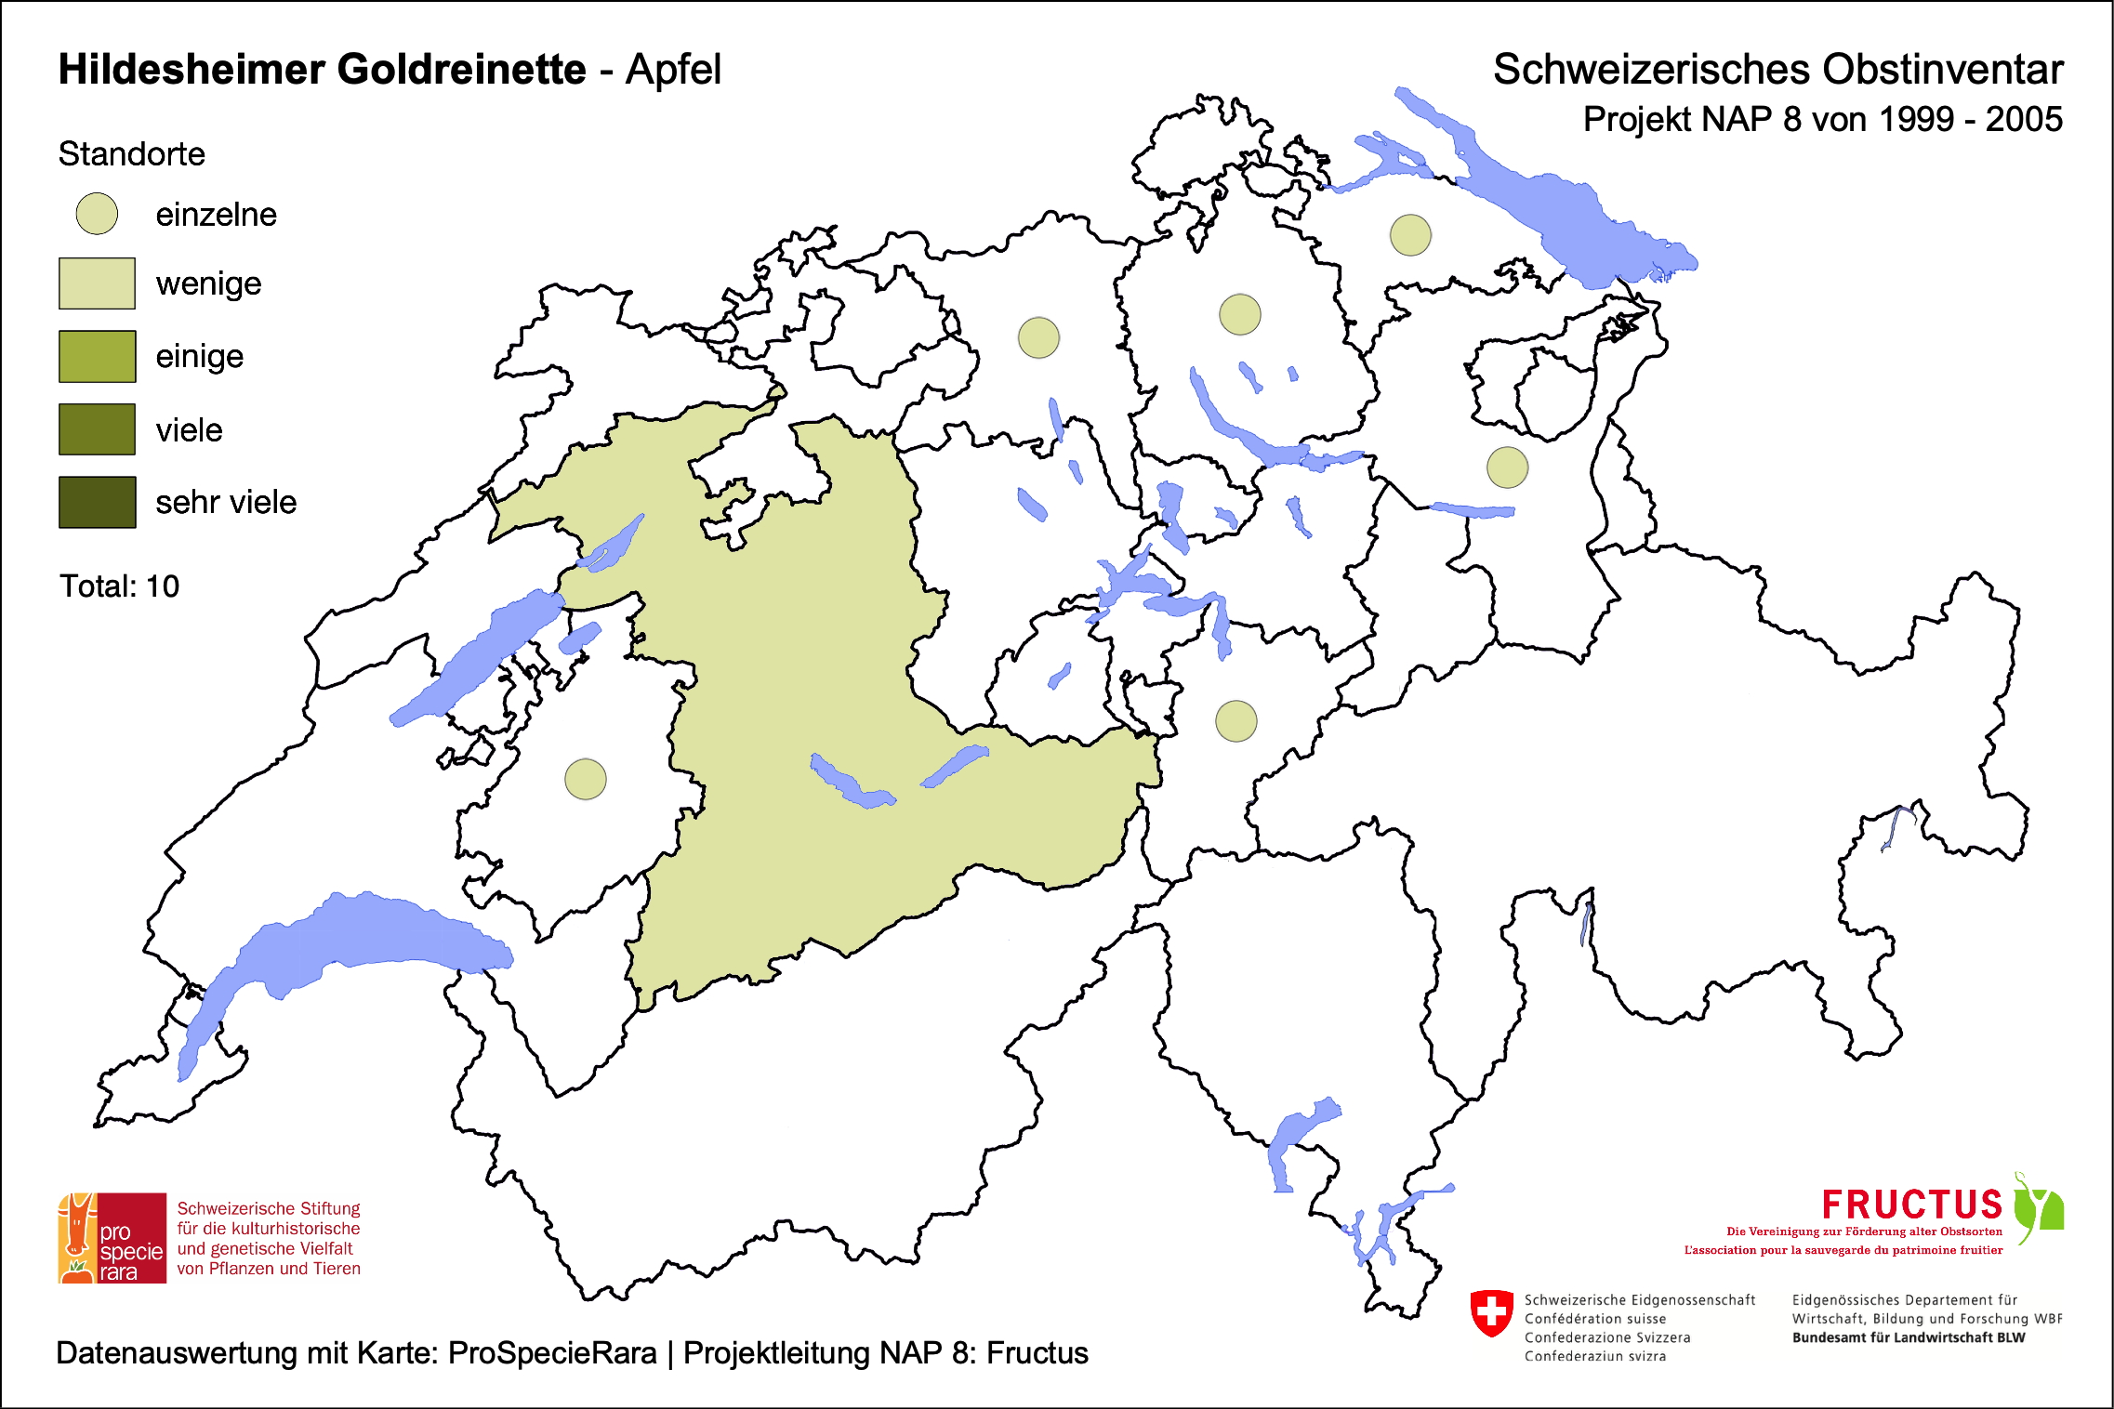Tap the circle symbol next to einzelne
coord(97,214)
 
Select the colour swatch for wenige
coord(97,283)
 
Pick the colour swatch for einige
coord(97,356)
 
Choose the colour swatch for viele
coord(97,429)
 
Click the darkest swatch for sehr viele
coord(97,502)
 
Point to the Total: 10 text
coord(119,586)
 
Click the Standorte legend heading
coord(131,154)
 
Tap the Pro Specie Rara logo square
coord(112,1238)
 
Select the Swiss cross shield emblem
coord(1491,1312)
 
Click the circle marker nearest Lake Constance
coord(1410,234)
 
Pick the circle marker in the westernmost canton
coord(586,779)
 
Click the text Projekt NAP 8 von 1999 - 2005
coord(1822,120)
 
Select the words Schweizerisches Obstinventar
coord(1777,70)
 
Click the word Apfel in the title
coord(673,70)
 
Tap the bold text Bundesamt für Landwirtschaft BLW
coord(1908,1337)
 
